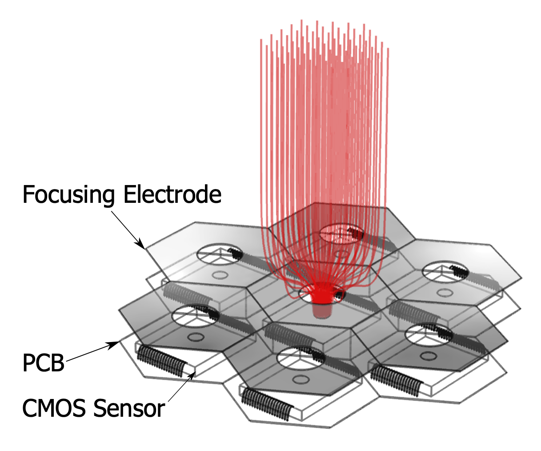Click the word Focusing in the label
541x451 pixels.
(68, 195)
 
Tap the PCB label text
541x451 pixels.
(43, 362)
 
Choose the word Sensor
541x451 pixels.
(129, 408)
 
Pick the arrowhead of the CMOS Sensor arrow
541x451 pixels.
(192, 375)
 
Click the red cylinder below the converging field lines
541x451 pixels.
(322, 310)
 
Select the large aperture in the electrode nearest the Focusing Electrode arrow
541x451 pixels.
(220, 254)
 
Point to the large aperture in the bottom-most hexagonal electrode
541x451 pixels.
(301, 359)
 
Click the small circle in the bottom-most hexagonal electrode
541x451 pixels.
(301, 380)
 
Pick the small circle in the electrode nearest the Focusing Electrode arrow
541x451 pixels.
(220, 275)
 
